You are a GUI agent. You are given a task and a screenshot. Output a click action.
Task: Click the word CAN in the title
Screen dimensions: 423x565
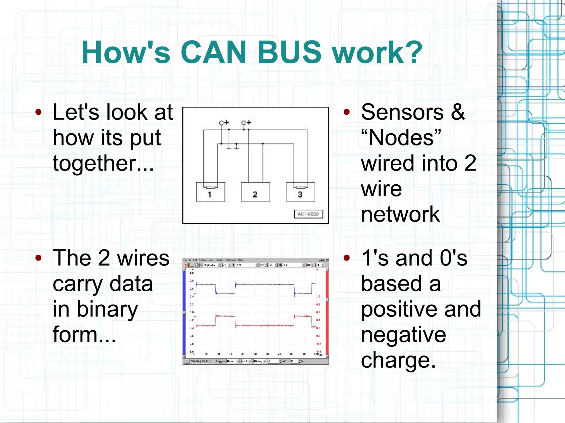pos(213,52)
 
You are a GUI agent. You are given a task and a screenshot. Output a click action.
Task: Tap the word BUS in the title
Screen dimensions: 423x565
pos(289,52)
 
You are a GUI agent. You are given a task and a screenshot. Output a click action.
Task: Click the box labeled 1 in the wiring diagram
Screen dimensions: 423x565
pos(210,192)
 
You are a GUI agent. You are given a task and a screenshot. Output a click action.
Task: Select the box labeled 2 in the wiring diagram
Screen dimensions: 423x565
pos(255,192)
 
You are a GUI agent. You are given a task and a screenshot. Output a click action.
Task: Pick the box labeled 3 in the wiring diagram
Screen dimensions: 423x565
pos(300,192)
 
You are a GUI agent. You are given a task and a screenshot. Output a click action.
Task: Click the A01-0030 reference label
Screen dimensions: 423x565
pos(308,214)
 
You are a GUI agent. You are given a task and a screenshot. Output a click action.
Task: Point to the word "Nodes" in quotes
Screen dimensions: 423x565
pos(401,138)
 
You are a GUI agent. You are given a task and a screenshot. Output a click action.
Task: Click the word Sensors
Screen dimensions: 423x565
pos(402,112)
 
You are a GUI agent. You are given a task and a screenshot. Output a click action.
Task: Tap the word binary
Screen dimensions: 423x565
pos(107,309)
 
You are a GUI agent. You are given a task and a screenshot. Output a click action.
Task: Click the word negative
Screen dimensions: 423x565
pos(403,335)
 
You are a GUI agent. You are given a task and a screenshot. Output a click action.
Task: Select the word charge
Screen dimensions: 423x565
pos(398,360)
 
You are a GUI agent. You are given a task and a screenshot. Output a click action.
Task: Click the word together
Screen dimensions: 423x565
pos(103,163)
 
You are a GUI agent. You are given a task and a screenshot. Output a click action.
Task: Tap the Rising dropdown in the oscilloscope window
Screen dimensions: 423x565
pos(260,361)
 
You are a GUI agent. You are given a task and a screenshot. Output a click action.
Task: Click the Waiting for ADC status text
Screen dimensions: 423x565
pos(201,361)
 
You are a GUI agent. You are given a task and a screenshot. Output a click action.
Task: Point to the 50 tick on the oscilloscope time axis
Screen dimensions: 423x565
pos(255,354)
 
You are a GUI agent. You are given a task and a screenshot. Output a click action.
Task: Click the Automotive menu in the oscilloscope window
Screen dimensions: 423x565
pos(231,260)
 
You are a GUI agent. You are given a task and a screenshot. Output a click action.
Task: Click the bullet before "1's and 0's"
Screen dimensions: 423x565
pos(347,258)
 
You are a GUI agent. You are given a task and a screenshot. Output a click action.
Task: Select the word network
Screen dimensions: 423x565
pos(400,214)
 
